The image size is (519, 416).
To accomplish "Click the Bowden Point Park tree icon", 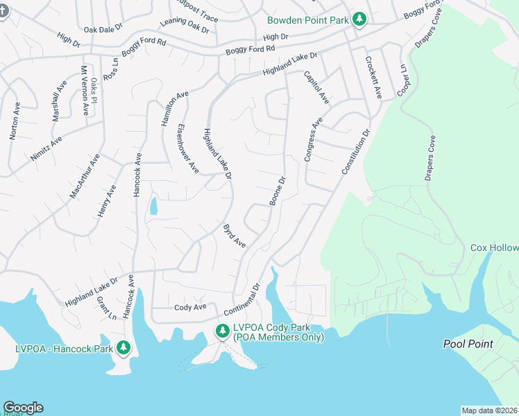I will coord(359,19).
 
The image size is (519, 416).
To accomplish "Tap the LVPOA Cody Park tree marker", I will coord(223,331).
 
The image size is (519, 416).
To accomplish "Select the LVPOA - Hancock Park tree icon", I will coord(124,347).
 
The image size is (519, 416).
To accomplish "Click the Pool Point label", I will coord(468,344).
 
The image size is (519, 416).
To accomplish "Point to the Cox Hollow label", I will coord(494,248).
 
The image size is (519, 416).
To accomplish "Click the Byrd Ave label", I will coord(235,236).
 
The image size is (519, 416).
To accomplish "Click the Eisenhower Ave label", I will coord(189,148).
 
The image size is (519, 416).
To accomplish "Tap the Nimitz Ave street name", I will coord(46,148).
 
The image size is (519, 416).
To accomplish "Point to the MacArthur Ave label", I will coord(85,177).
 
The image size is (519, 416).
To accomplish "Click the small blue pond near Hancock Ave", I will coord(153,206).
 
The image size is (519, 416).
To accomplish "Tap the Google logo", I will coord(23,408).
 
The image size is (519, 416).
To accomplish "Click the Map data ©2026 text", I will coord(489,410).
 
